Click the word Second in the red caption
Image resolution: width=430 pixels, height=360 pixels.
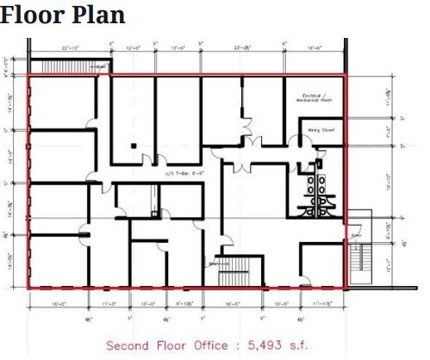tap(128, 345)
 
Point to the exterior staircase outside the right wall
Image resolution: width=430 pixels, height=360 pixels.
tap(359, 259)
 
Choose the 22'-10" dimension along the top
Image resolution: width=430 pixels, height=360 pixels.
tap(71, 48)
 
